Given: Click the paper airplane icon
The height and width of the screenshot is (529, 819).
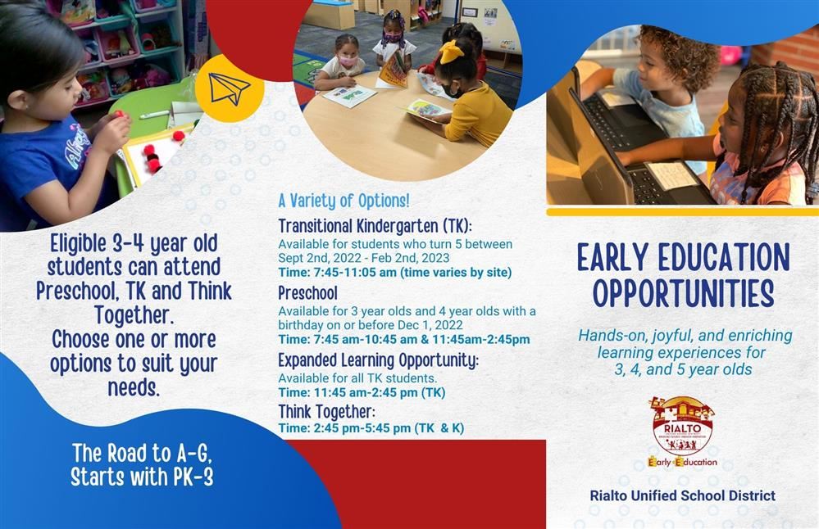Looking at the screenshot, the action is point(229,88).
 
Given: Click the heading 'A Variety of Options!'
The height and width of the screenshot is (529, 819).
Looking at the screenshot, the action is point(344,201).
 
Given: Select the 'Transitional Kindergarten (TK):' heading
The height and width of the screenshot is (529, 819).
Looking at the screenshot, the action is point(375,226).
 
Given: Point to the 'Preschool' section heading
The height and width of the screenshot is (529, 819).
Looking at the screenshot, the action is point(307,292).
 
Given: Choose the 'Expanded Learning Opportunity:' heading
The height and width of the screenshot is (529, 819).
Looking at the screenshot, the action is point(378,360).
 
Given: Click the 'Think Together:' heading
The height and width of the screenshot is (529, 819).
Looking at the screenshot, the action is point(326,412).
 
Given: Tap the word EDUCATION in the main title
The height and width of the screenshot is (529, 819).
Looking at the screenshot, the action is point(724,257).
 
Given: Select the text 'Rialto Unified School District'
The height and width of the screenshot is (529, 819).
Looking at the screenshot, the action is point(683,495).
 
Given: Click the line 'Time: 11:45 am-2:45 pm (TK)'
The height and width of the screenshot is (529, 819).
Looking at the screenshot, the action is point(362,392).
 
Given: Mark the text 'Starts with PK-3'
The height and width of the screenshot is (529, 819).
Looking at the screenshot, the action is point(142,477).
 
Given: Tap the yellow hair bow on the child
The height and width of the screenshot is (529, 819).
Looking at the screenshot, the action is point(451,51).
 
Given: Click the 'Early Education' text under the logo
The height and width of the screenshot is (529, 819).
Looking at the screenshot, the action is point(682,462).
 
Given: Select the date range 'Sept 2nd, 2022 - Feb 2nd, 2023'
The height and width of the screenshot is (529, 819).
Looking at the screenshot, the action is point(363,258).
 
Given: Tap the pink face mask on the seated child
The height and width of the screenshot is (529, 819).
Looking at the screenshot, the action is point(346,61).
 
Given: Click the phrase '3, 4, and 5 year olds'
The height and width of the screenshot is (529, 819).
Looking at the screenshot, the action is point(683,370).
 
